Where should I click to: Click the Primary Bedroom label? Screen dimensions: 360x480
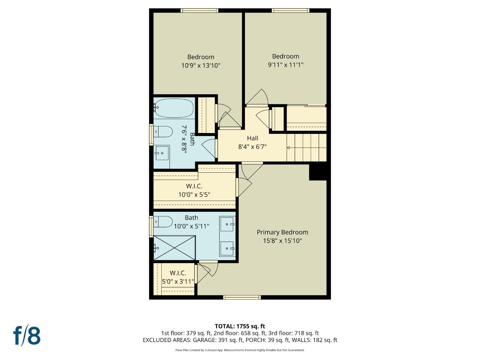pyautogui.click(x=282, y=232)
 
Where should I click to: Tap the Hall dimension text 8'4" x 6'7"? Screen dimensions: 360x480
pyautogui.click(x=252, y=147)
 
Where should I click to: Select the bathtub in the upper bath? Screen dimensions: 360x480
pyautogui.click(x=174, y=108)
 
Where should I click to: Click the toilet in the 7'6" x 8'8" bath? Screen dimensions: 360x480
pyautogui.click(x=163, y=132)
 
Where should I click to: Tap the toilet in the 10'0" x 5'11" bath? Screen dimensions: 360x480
pyautogui.click(x=163, y=222)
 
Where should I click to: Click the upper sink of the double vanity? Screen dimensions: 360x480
pyautogui.click(x=227, y=224)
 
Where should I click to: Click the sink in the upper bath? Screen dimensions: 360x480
pyautogui.click(x=162, y=153)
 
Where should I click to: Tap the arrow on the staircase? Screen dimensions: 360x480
pyautogui.click(x=289, y=148)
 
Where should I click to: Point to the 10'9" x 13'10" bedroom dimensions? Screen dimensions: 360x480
pyautogui.click(x=201, y=66)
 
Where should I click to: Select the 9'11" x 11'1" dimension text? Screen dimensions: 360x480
pyautogui.click(x=286, y=65)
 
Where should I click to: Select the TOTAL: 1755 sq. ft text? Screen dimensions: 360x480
pyautogui.click(x=240, y=326)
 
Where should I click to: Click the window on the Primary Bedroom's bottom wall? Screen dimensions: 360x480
pyautogui.click(x=242, y=297)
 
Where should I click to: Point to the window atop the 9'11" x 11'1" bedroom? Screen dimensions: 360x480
pyautogui.click(x=290, y=11)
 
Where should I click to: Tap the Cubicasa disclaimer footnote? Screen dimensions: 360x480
pyautogui.click(x=240, y=350)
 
